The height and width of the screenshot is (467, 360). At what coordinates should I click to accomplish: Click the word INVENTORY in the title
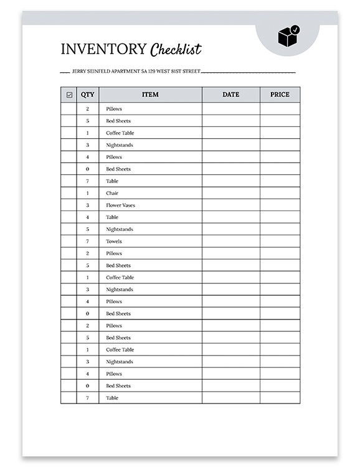click(103, 50)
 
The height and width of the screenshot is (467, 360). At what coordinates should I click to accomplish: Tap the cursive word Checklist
click(176, 50)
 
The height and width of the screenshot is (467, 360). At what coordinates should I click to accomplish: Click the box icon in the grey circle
click(287, 37)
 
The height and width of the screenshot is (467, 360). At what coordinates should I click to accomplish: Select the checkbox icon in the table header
click(69, 95)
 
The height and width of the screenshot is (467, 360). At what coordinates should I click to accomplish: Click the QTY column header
click(87, 95)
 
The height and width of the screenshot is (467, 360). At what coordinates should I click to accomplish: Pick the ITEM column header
click(150, 95)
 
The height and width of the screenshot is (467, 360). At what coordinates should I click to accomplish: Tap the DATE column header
click(230, 95)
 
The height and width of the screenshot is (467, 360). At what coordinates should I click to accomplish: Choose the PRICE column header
click(280, 95)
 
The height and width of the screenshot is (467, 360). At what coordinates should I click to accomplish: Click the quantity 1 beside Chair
click(87, 193)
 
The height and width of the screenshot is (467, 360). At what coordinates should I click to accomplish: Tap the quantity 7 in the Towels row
click(87, 242)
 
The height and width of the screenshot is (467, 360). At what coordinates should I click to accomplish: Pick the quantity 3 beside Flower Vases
click(87, 205)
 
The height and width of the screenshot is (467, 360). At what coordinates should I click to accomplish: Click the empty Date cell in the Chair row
click(230, 193)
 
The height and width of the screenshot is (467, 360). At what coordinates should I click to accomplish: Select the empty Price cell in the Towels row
click(280, 242)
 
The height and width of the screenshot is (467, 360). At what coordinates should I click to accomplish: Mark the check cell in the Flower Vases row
click(69, 205)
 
